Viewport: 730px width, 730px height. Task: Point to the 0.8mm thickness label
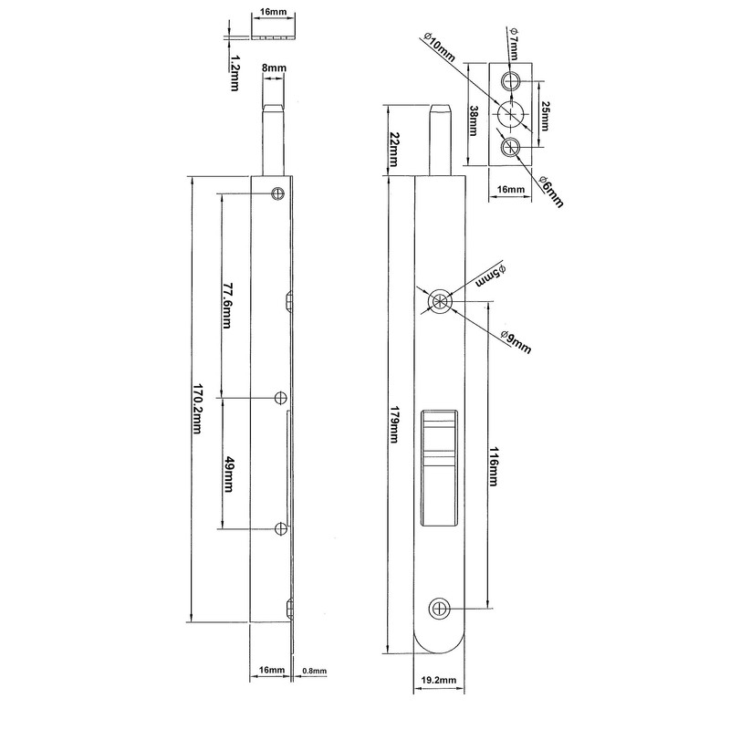click(x=313, y=671)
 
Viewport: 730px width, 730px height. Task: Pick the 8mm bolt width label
click(x=273, y=67)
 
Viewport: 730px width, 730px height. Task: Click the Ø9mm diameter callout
click(x=517, y=341)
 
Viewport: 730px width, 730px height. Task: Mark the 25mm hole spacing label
click(x=545, y=115)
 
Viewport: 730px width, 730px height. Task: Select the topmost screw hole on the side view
click(x=278, y=193)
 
